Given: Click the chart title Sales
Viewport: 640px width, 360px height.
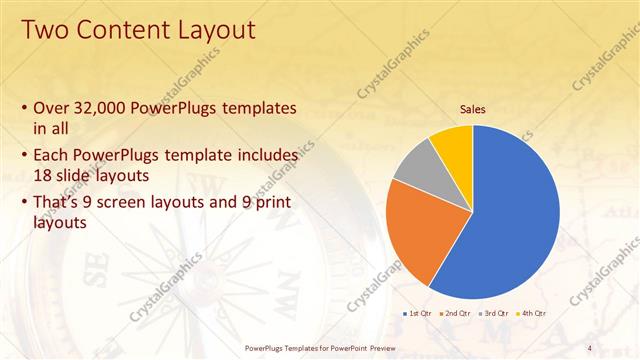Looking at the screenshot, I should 473,109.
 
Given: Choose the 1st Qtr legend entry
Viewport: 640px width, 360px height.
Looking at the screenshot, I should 419,313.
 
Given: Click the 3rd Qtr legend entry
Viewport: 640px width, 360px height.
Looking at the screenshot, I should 496,313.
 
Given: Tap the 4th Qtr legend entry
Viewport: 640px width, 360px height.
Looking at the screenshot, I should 533,313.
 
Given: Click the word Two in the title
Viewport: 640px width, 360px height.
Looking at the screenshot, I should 44,31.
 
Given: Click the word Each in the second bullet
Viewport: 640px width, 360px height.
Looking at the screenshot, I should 51,156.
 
